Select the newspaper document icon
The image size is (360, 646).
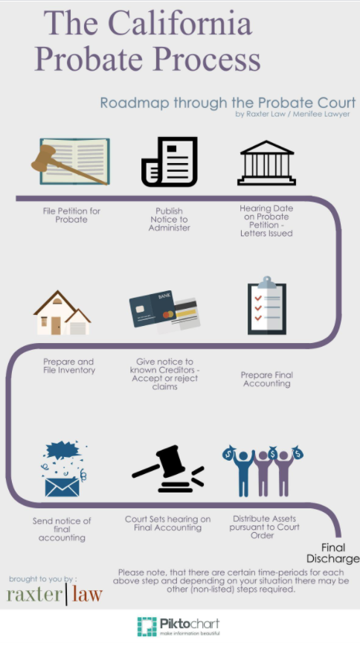point(170,161)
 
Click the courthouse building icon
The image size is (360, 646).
point(266,163)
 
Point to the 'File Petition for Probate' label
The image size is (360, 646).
point(71,215)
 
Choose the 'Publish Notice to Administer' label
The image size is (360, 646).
point(170,219)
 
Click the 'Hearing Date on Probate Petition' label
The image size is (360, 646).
point(266,221)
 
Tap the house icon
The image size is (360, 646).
point(62,313)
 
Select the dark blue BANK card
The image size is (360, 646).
point(152,309)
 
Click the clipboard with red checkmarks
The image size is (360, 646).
point(266,306)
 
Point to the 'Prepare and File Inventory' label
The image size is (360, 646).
point(68,366)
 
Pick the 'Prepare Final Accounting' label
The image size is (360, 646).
point(267,379)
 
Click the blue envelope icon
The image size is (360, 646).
point(62,487)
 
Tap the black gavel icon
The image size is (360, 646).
point(168,469)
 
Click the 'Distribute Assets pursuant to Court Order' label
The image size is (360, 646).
point(264,527)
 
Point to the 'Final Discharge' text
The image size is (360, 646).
point(332,553)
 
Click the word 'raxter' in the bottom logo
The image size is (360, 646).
point(35,595)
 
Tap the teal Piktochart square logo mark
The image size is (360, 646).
point(147,627)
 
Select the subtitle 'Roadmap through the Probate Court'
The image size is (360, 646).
point(228,103)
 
